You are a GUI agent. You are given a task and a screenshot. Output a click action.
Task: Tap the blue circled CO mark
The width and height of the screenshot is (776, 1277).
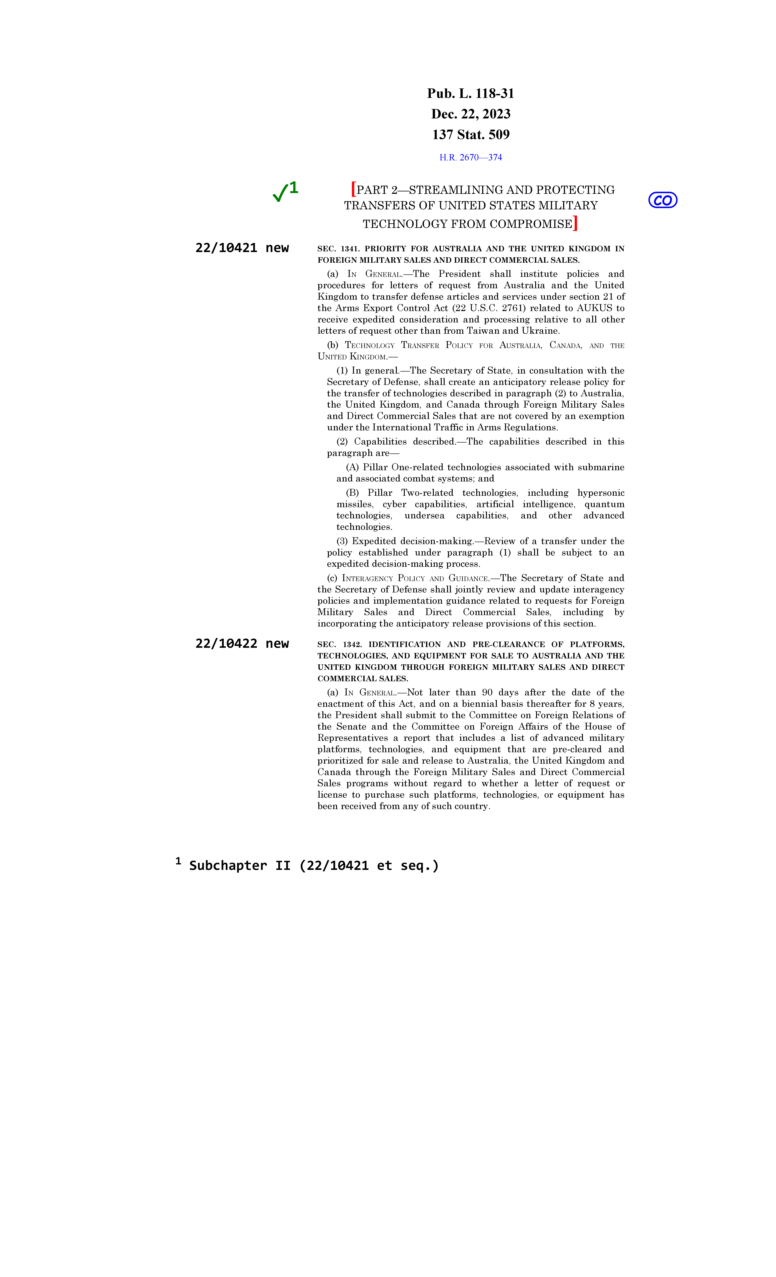point(662,200)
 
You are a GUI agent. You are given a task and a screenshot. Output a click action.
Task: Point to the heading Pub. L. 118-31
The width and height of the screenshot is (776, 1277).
point(470,94)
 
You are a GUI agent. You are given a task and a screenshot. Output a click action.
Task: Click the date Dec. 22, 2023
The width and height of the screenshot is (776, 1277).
point(470,114)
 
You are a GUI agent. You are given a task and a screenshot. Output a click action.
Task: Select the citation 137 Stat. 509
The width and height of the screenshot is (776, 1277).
point(470,135)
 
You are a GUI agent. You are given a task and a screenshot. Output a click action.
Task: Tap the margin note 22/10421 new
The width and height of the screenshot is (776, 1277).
point(242,248)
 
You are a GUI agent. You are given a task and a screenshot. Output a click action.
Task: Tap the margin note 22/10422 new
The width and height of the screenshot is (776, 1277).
point(242,644)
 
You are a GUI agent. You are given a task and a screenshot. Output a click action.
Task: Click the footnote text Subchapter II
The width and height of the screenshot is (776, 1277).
point(314,865)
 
